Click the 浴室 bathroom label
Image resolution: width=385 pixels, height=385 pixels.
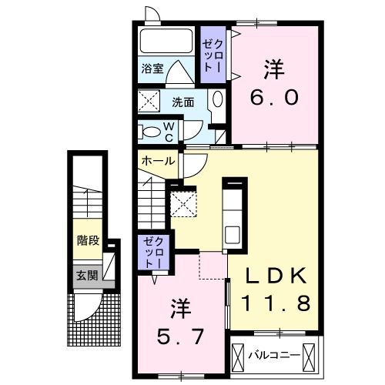[151, 68]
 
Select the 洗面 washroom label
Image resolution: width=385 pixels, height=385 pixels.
[182, 101]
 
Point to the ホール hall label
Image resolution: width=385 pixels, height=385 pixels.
[157, 161]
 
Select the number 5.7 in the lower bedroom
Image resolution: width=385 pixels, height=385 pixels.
[181, 334]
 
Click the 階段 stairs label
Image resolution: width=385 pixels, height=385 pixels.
[89, 240]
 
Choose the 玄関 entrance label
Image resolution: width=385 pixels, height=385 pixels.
[88, 273]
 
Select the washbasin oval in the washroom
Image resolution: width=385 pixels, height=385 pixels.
[217, 101]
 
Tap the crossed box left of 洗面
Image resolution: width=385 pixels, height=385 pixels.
[148, 101]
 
